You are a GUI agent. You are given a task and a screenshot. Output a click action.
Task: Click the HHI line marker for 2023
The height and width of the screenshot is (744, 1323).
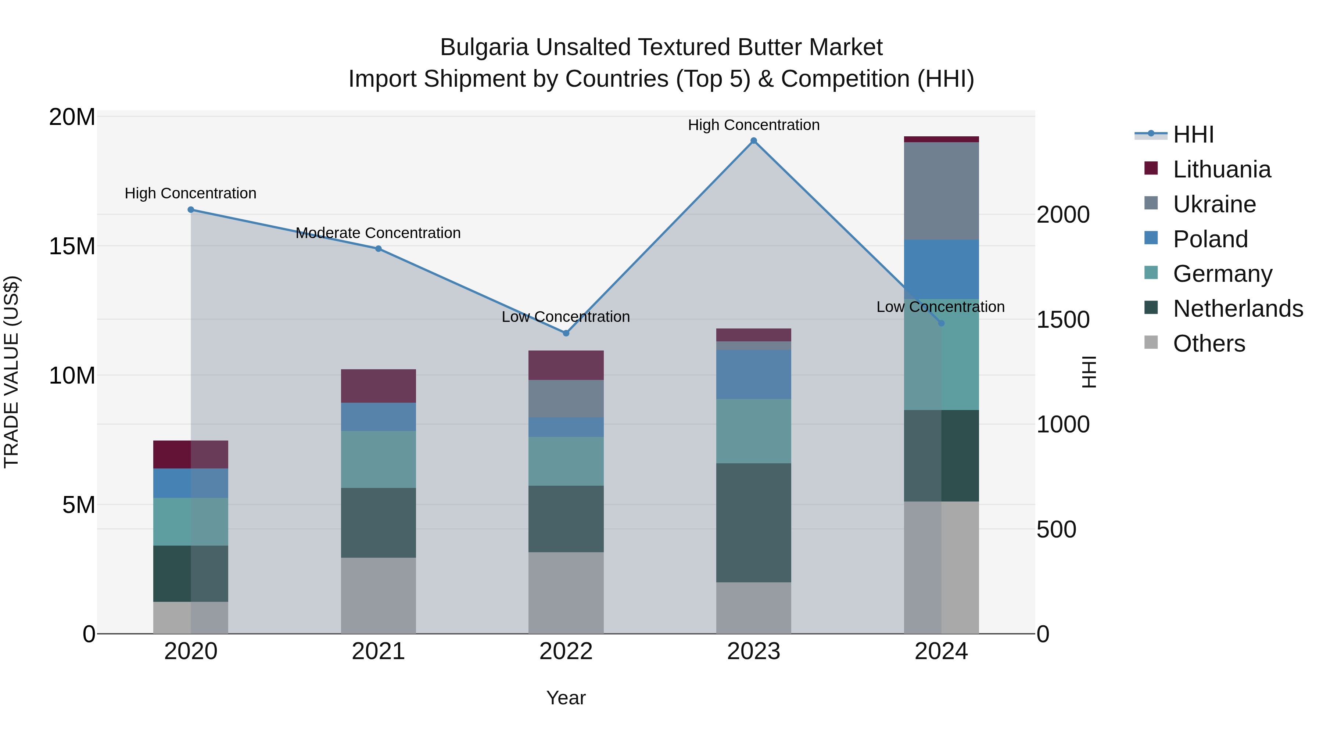click(753, 141)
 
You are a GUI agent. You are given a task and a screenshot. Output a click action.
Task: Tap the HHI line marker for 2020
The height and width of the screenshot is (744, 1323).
click(190, 209)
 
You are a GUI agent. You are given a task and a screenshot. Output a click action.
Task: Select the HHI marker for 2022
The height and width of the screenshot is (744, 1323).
click(566, 333)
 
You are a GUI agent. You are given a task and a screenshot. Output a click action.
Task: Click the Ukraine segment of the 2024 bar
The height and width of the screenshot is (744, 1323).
click(941, 191)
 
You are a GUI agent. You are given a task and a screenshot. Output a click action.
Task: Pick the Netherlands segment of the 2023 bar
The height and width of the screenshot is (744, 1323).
click(753, 523)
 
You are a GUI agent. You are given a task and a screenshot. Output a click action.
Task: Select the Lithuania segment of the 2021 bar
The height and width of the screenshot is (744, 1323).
click(379, 386)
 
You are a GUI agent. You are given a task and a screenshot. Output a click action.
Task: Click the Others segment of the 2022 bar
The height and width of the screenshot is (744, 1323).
click(566, 593)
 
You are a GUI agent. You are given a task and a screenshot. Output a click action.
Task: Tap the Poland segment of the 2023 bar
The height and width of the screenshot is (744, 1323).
click(753, 374)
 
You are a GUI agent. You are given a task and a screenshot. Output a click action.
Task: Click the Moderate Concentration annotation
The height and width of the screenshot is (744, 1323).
click(378, 233)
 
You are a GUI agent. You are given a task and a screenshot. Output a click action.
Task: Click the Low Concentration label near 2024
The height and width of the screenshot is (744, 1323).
click(940, 307)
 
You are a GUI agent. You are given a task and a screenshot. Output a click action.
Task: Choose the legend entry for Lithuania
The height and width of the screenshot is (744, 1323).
click(1221, 169)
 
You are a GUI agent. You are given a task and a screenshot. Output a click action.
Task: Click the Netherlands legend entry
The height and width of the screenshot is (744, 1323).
click(1238, 309)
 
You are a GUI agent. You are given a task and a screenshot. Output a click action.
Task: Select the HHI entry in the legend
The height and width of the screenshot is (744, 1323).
click(1193, 134)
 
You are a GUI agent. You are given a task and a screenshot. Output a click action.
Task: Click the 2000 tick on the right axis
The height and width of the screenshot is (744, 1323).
click(1062, 215)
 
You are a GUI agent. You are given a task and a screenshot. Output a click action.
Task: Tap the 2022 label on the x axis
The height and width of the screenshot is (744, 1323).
click(566, 651)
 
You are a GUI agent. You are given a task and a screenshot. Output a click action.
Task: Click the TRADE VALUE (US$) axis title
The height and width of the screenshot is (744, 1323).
click(11, 372)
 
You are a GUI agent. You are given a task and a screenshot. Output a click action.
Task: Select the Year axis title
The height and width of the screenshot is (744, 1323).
click(566, 698)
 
